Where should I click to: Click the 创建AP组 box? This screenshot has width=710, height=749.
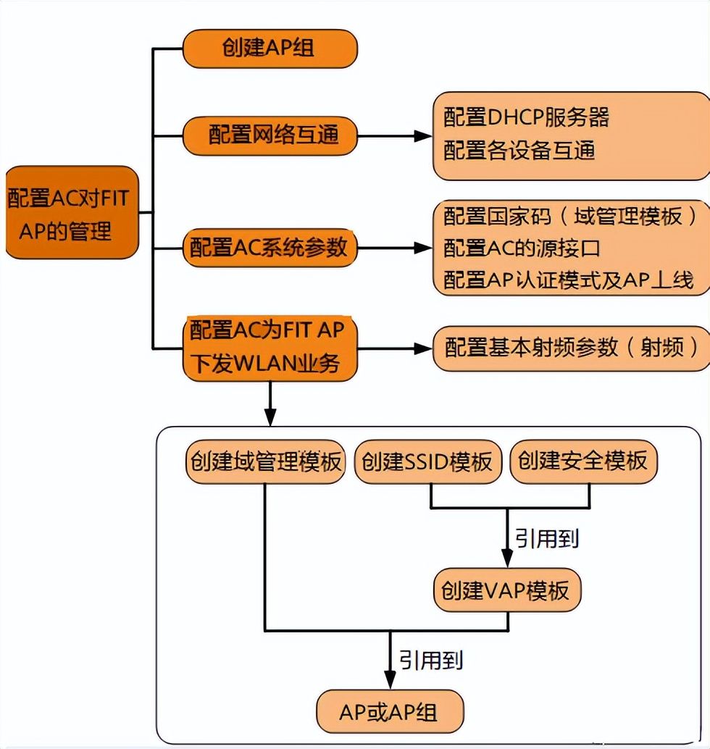[x=270, y=49]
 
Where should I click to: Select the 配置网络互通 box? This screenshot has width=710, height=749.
[x=270, y=135]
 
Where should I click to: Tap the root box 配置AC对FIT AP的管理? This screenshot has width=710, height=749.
[x=72, y=212]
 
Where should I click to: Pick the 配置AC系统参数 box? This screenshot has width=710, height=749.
[x=270, y=248]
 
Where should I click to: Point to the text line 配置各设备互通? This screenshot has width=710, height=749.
[x=519, y=150]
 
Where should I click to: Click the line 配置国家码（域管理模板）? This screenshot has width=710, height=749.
[x=570, y=217]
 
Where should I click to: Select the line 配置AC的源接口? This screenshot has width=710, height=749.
[x=522, y=248]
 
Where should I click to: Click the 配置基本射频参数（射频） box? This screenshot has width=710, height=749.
[x=571, y=348]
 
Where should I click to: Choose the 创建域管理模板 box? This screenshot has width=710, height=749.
[x=266, y=461]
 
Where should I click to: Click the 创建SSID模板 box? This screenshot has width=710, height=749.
[x=428, y=461]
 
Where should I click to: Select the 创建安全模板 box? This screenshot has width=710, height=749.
[x=584, y=461]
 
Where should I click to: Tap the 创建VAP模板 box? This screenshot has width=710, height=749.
[x=507, y=590]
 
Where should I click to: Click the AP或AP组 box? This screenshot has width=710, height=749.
[x=390, y=712]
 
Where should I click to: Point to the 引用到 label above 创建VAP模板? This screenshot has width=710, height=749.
[x=547, y=539]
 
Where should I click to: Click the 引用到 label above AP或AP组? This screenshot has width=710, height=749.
[x=431, y=661]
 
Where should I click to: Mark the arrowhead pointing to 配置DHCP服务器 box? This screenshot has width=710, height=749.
[x=423, y=136]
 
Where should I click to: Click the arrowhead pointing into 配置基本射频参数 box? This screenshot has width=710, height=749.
[x=423, y=348]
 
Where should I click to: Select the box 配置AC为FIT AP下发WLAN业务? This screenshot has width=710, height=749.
[x=270, y=348]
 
